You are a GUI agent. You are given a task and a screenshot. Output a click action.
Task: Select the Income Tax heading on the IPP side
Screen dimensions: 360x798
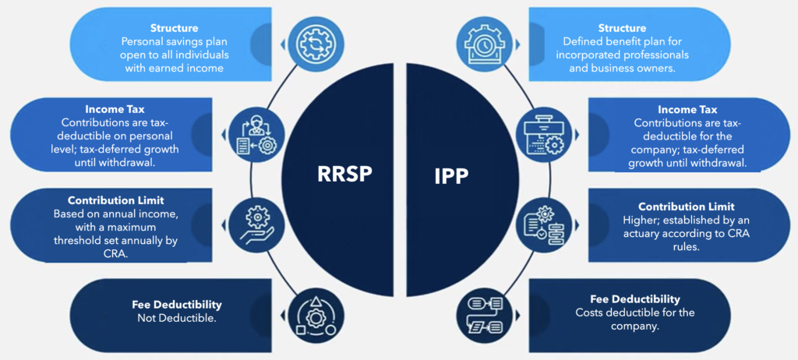(x=687, y=110)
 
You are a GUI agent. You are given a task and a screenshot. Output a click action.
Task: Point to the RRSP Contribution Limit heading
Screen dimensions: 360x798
(x=115, y=200)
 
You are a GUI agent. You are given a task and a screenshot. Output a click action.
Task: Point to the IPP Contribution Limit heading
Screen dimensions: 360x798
(x=686, y=206)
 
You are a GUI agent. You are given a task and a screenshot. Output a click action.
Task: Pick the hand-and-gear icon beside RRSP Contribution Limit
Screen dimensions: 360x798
(x=254, y=221)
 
